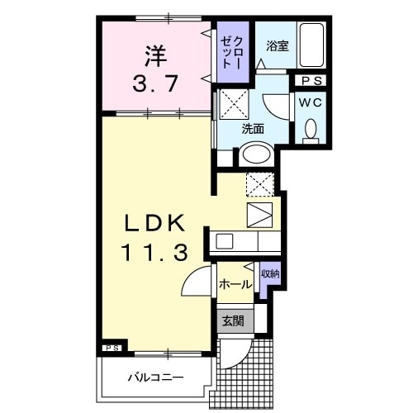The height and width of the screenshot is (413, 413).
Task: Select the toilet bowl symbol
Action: [311, 129]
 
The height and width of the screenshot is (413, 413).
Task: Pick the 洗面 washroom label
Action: [253, 129]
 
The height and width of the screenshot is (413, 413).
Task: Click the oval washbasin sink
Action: [256, 154]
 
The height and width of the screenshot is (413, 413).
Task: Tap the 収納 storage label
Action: [269, 273]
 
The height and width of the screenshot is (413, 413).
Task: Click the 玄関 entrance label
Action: [232, 320]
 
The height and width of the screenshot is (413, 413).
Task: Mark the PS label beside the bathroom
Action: [311, 80]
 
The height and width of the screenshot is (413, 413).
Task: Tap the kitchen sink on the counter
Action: [225, 242]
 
